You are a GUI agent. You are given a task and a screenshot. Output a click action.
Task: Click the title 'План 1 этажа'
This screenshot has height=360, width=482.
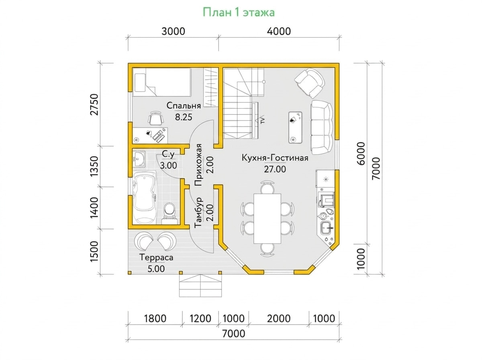pyautogui.click(x=239, y=12)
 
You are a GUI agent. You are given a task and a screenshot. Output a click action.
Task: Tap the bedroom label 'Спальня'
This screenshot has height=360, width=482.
pyautogui.click(x=184, y=106)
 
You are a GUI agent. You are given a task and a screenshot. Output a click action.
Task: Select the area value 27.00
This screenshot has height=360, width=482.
pyautogui.click(x=275, y=169)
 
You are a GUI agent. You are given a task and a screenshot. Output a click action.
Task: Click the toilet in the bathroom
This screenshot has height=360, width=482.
pyautogui.click(x=170, y=213)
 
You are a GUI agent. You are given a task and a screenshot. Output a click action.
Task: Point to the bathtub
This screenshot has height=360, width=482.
pyautogui.click(x=145, y=197)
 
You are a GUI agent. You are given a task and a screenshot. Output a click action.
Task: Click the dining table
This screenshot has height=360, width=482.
pyautogui.click(x=267, y=218)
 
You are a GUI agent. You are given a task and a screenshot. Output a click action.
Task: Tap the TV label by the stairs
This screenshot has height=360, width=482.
pyautogui.click(x=262, y=121)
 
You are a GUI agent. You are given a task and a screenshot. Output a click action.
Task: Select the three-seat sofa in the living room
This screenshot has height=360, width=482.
pyautogui.click(x=321, y=127)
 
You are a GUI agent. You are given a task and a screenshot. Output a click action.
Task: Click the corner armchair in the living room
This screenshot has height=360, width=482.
pyautogui.click(x=309, y=83)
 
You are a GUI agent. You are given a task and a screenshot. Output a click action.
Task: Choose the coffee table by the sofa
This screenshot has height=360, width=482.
pyautogui.click(x=295, y=127)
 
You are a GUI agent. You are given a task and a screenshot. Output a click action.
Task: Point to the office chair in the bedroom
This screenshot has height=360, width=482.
pyautogui.click(x=156, y=119)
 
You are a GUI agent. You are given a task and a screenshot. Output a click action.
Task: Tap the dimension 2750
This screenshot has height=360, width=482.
pyautogui.click(x=95, y=104)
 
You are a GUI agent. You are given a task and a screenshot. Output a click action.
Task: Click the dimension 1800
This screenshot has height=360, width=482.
pyautogui.click(x=155, y=318)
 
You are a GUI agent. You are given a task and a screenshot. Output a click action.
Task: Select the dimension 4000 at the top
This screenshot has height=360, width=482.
pyautogui.click(x=279, y=31)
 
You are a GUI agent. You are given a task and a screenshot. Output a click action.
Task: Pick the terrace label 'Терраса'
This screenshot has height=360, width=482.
pyautogui.click(x=157, y=258)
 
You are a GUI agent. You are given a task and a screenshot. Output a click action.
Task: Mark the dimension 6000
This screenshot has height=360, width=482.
pyautogui.click(x=361, y=153)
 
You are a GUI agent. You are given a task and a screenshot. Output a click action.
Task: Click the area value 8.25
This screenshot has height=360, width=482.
pyautogui.click(x=184, y=117)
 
